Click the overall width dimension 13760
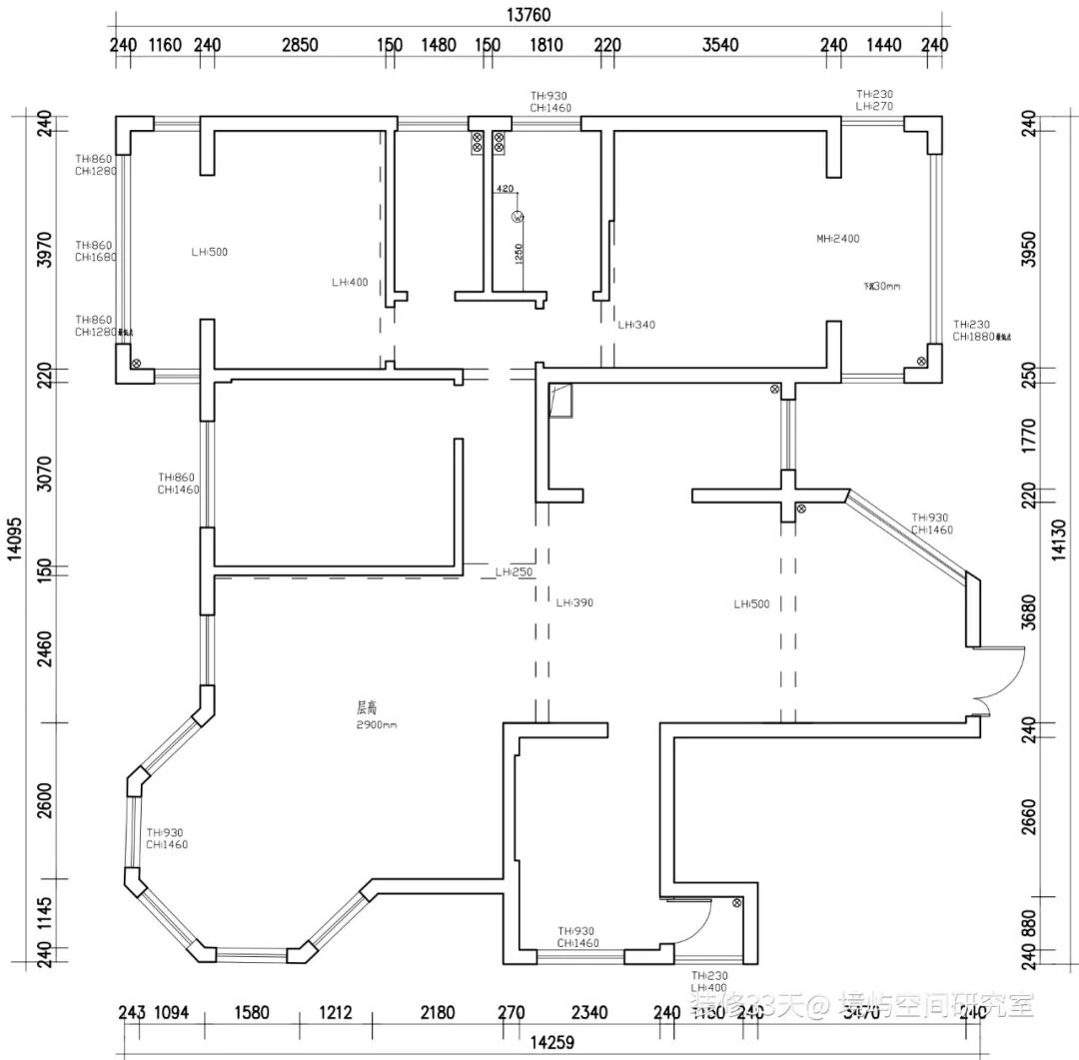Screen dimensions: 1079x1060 [529, 14]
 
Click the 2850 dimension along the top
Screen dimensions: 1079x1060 [300, 45]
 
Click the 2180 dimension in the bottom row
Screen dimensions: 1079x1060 [437, 1012]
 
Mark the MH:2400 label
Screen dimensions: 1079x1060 [837, 239]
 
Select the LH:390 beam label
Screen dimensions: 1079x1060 [575, 603]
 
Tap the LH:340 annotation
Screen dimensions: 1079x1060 [636, 325]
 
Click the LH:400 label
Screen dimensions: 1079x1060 [350, 283]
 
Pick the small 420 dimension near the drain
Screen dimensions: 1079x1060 [505, 189]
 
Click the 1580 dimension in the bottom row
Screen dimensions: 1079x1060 [251, 1012]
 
